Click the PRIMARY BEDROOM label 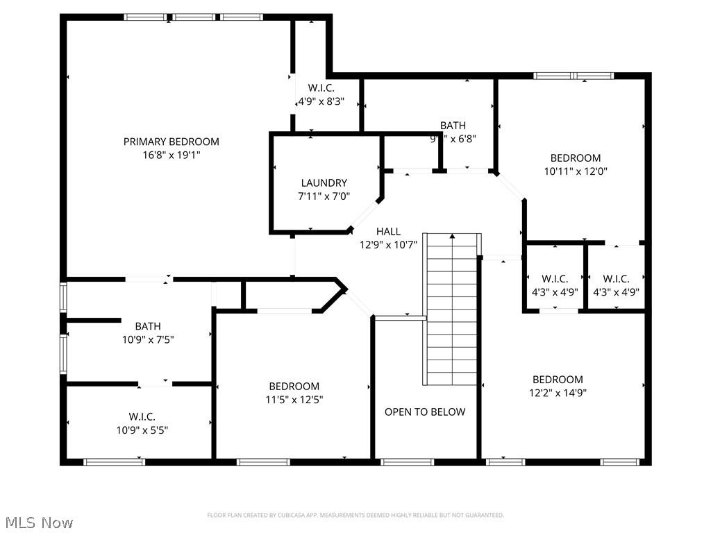[171, 142]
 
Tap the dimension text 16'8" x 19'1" [171, 155]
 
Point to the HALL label [388, 231]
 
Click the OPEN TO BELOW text [425, 412]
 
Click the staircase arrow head [453, 237]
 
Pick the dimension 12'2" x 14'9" [558, 393]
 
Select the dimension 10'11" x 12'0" [576, 171]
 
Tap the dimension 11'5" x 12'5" [294, 400]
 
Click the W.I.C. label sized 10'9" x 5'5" [142, 416]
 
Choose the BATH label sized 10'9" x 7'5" [148, 326]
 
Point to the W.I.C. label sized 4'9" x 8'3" [321, 88]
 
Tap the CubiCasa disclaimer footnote [355, 515]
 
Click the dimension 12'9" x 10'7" [388, 244]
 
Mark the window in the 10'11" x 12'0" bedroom [574, 76]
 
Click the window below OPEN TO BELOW [408, 462]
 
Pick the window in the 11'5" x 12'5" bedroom [263, 462]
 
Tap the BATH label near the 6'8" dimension [453, 126]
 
